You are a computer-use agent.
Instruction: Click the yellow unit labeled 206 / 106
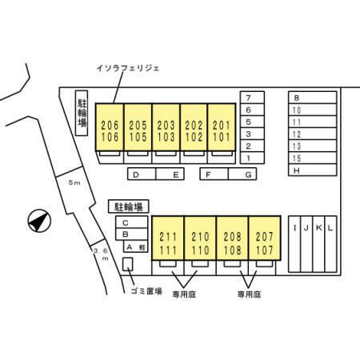110,127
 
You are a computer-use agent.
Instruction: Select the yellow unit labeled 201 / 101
222,127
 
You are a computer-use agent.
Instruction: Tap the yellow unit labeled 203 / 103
166,127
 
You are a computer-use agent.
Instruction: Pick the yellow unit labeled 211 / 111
168,238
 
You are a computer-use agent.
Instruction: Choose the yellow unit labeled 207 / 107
265,238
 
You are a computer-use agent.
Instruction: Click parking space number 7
252,98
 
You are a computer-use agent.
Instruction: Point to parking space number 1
252,158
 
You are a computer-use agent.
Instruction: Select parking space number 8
312,98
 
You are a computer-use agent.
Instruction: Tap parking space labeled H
312,170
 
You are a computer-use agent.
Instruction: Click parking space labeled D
142,174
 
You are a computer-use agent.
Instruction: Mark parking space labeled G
242,174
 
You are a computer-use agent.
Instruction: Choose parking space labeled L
330,244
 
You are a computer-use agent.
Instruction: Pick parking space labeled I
294,244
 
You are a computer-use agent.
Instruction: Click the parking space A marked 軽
135,246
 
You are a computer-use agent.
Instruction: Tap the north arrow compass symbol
39,221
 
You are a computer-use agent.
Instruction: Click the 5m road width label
74,182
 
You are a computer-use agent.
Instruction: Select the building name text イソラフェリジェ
128,68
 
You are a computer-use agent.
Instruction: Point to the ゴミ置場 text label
146,290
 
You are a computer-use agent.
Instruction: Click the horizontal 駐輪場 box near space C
129,206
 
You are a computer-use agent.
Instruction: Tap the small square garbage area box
127,264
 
